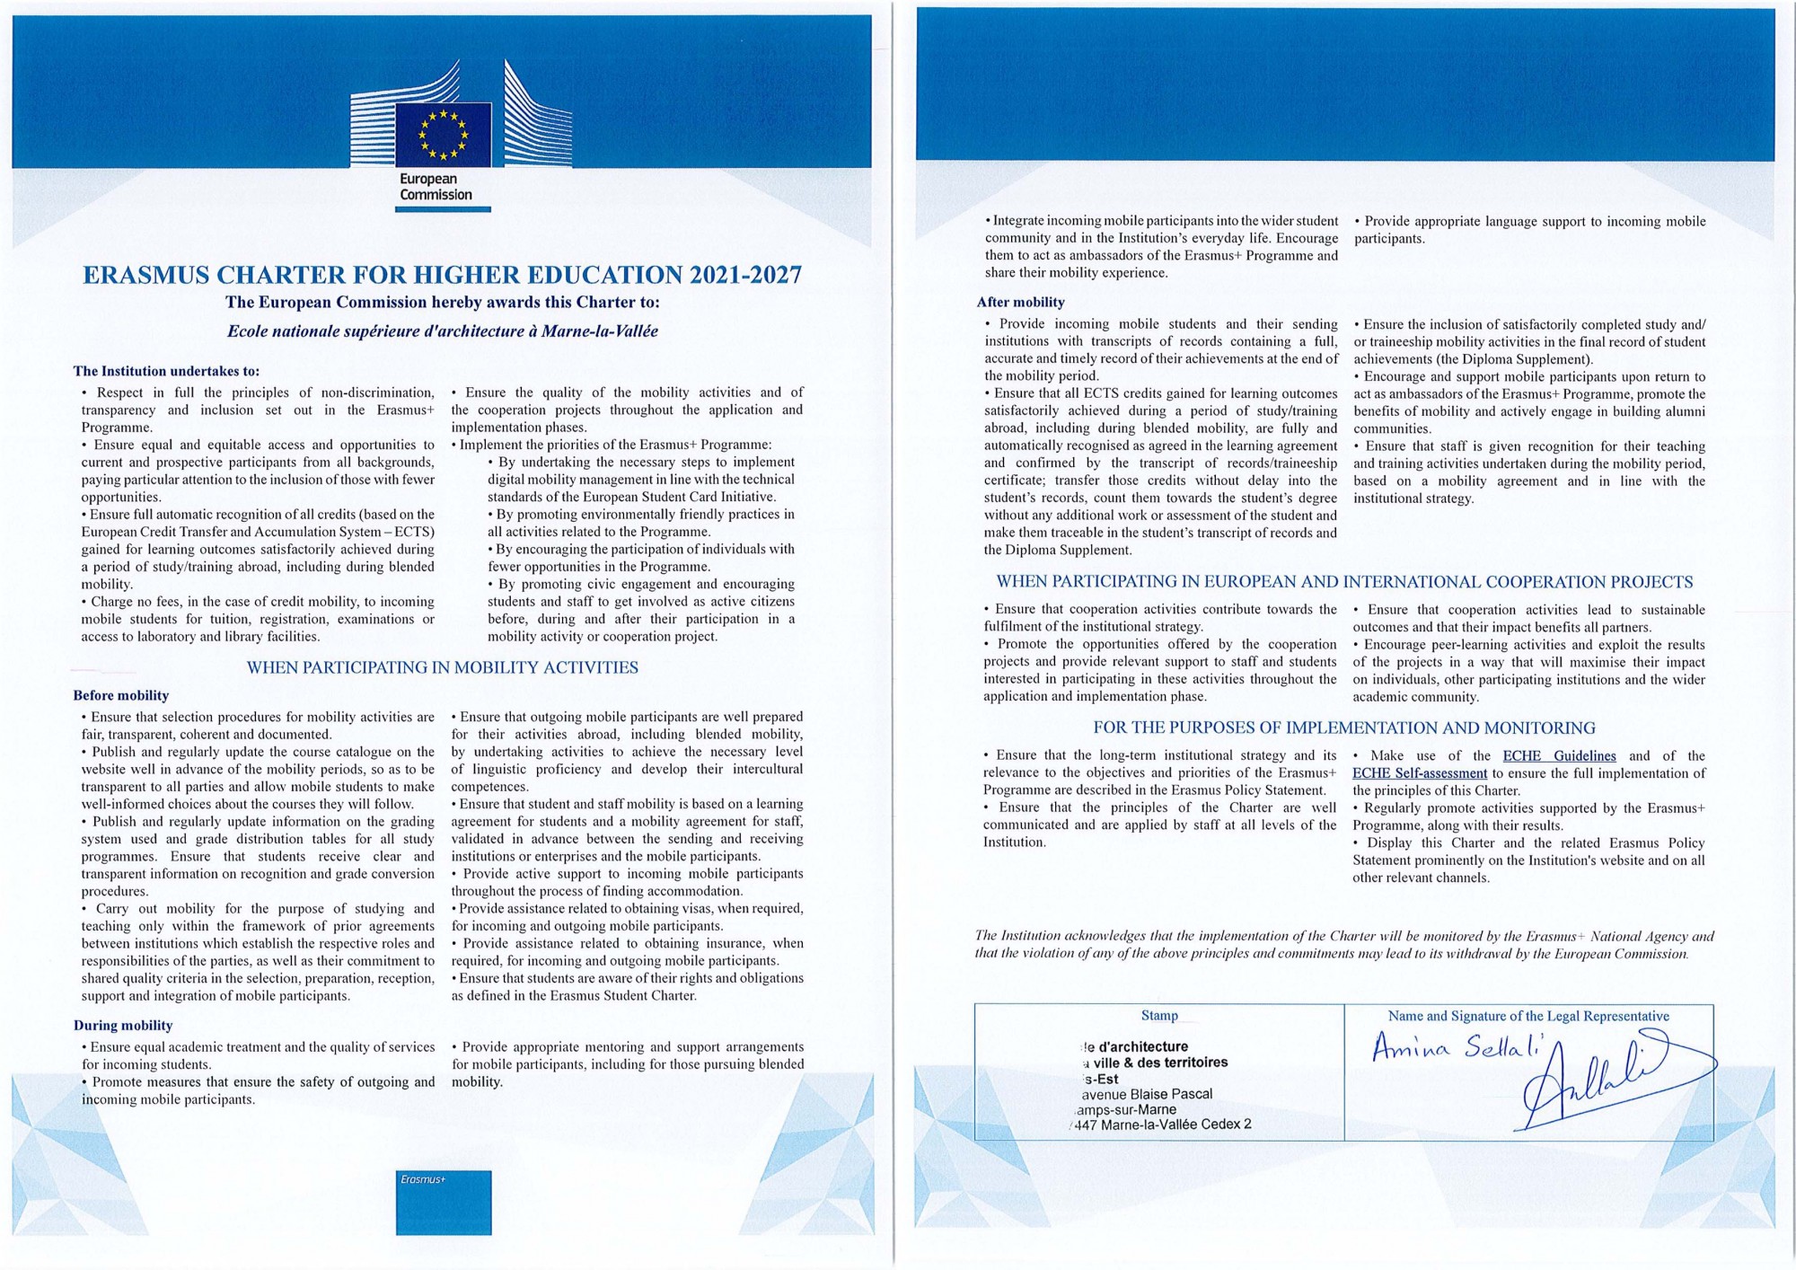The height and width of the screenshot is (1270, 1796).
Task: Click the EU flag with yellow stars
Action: pyautogui.click(x=444, y=135)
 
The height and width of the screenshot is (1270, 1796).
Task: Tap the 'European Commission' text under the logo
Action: pyautogui.click(x=436, y=187)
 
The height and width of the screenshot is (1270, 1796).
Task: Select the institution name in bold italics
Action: pyautogui.click(x=442, y=331)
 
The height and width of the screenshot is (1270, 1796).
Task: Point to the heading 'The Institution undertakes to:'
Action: pyautogui.click(x=166, y=371)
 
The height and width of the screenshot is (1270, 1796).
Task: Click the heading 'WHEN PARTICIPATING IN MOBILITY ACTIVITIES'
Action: pyautogui.click(x=442, y=667)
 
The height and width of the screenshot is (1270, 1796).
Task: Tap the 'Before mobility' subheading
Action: pyautogui.click(x=120, y=695)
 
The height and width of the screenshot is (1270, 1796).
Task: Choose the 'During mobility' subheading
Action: pyautogui.click(x=122, y=1026)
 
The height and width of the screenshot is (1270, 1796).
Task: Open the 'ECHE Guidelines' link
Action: pyautogui.click(x=1559, y=756)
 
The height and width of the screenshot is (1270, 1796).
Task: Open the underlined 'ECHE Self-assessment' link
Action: pyautogui.click(x=1419, y=773)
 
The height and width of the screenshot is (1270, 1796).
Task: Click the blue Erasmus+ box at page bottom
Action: pyautogui.click(x=444, y=1202)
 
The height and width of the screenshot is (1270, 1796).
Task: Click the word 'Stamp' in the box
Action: pyautogui.click(x=1158, y=1016)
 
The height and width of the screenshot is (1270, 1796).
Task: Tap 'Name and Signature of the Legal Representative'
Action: pyautogui.click(x=1528, y=1016)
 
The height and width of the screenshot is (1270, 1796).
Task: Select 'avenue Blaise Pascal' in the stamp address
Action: pyautogui.click(x=1147, y=1094)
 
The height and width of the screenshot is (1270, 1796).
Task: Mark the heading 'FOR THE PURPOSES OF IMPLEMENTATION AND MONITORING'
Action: pyautogui.click(x=1344, y=728)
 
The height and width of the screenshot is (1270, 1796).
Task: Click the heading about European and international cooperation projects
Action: pyautogui.click(x=1344, y=582)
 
